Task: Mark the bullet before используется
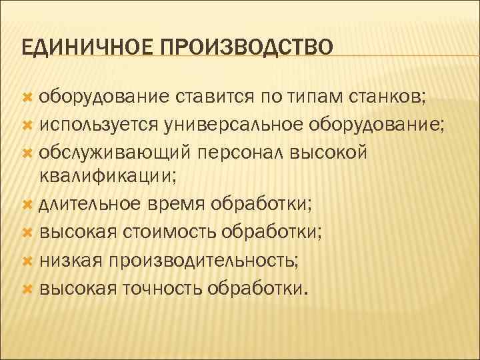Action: click(27, 124)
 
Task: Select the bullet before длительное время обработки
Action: click(27, 204)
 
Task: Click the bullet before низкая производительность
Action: click(27, 260)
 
